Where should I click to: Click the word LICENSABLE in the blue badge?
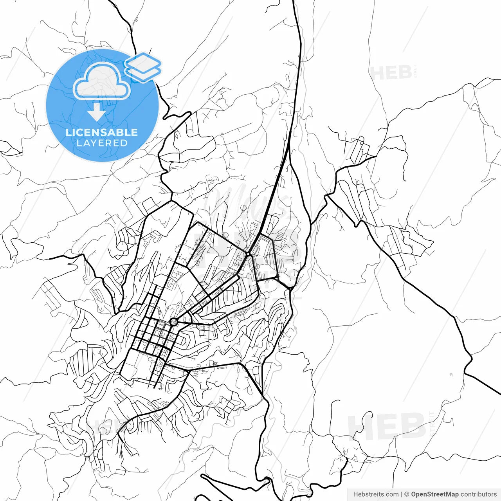(102, 132)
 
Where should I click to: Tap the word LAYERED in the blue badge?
(102, 143)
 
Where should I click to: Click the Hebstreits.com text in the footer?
(376, 494)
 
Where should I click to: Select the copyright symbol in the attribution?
(407, 494)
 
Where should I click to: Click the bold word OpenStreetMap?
(434, 494)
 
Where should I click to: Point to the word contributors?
(478, 494)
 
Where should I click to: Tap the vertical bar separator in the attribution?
(402, 494)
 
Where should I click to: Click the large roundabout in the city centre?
(173, 322)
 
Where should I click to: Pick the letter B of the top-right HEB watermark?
(405, 73)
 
